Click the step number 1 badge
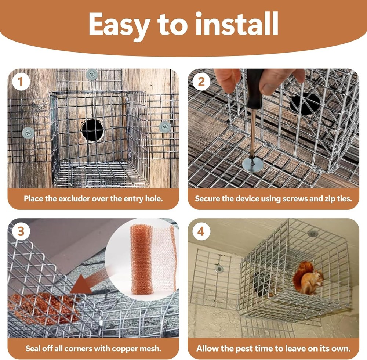(x=21, y=82)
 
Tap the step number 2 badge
(x=201, y=82)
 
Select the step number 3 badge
(x=21, y=231)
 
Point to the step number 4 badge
(x=201, y=231)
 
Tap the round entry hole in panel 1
(x=92, y=130)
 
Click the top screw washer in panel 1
(x=92, y=75)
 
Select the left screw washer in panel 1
(x=28, y=133)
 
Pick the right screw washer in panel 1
(x=165, y=127)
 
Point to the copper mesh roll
(x=142, y=259)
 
